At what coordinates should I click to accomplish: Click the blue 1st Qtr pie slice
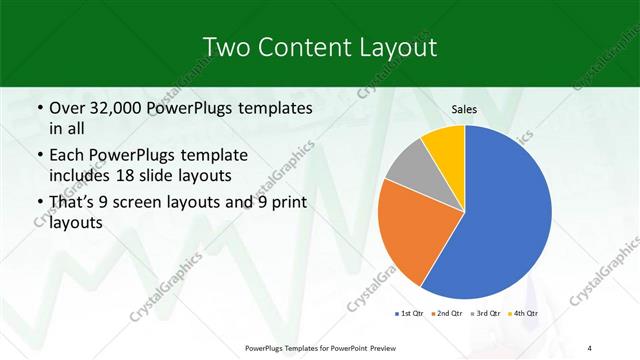[x=505, y=215]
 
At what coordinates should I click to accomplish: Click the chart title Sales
[x=463, y=109]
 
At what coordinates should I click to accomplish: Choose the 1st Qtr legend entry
[x=408, y=314]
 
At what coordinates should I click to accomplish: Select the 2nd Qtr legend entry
[x=445, y=314]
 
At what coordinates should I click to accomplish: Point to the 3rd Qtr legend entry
[x=485, y=314]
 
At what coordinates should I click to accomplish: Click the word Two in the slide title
[x=227, y=47]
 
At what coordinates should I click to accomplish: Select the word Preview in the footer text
[x=384, y=348]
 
